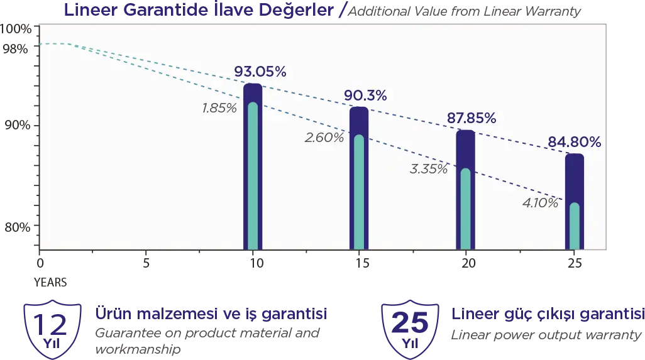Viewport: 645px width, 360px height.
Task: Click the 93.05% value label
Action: tap(260, 72)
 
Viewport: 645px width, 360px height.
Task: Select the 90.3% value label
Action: tap(365, 95)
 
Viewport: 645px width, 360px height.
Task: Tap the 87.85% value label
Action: tap(471, 119)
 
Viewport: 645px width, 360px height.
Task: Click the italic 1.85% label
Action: tap(219, 108)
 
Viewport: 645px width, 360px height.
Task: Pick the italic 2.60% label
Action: tap(324, 137)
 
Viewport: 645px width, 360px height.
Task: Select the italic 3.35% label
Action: tap(429, 168)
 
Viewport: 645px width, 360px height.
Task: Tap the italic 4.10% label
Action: tap(540, 203)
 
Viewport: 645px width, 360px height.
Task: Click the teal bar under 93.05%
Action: tap(253, 176)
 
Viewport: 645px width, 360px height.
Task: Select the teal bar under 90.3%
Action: tap(359, 192)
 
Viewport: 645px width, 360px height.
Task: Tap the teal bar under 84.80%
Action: tap(574, 226)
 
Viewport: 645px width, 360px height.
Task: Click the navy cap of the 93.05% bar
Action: tap(253, 92)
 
